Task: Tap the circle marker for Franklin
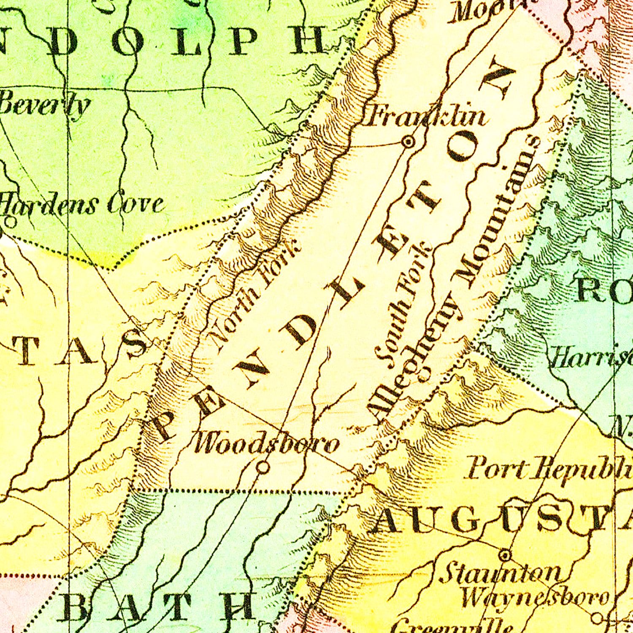408,142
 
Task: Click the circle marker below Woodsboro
263,467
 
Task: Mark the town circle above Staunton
505,554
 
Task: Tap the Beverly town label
44,105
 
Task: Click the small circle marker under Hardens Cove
11,222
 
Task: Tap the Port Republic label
549,468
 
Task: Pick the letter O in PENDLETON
464,146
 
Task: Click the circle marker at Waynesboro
597,618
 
